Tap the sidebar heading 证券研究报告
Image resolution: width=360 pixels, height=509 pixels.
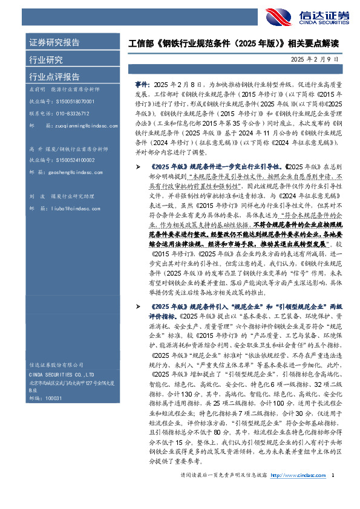[x=54, y=43]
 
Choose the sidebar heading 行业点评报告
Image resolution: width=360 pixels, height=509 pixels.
[x=54, y=77]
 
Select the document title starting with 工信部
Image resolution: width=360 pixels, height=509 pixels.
[x=234, y=44]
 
